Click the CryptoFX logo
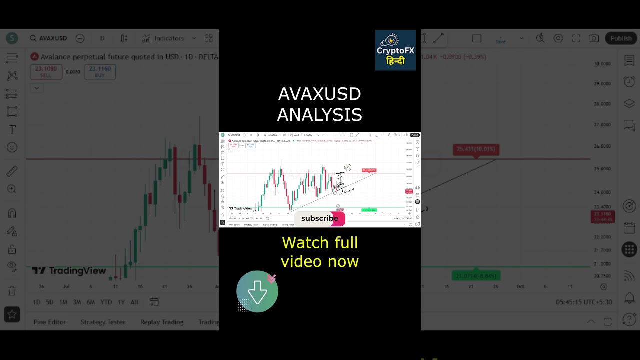point(395,50)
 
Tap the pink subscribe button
point(320,218)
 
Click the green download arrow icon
point(257,292)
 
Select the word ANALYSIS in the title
point(320,115)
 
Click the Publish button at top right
point(621,38)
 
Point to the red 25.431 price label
point(476,149)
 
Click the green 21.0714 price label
point(476,276)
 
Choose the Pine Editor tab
point(49,322)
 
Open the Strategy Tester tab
point(103,322)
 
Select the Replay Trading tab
point(162,322)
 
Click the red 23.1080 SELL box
point(46,72)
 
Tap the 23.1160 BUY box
point(100,72)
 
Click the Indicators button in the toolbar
point(163,38)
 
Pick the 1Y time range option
point(121,302)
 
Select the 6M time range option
point(91,302)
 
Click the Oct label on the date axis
point(520,287)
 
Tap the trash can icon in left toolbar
point(12,291)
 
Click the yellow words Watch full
point(320,243)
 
